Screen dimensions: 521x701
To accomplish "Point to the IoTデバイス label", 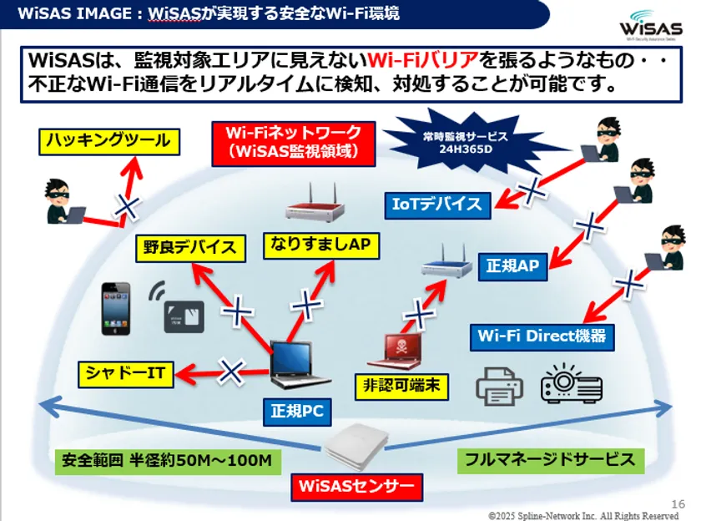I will [x=438, y=204].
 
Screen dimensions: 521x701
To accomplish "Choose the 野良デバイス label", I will [x=192, y=247].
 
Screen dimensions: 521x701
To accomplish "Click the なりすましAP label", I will [x=320, y=244].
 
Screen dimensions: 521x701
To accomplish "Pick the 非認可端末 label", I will [x=402, y=386].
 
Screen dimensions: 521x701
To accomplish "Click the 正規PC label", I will [x=297, y=411].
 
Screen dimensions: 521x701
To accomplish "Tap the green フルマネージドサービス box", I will [x=550, y=458].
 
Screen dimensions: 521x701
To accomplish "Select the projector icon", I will [x=572, y=384].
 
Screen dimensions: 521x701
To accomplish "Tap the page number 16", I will [x=678, y=503].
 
